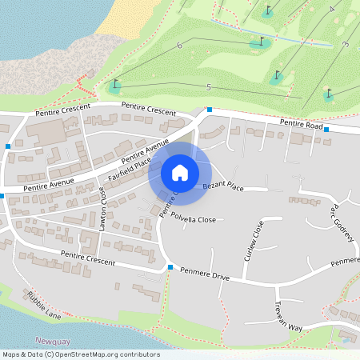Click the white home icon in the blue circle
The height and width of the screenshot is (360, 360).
tap(180, 172)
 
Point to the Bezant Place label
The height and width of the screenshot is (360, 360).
tap(222, 186)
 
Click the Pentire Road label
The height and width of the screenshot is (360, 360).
tap(300, 123)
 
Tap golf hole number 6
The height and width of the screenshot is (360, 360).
tap(179, 46)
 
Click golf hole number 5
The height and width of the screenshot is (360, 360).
tap(208, 86)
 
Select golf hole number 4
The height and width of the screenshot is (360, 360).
tap(330, 10)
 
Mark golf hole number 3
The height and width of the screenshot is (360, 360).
tap(345, 45)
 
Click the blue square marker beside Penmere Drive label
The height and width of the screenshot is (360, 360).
tap(170, 267)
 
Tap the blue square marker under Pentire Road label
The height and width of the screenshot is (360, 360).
tap(326, 140)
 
